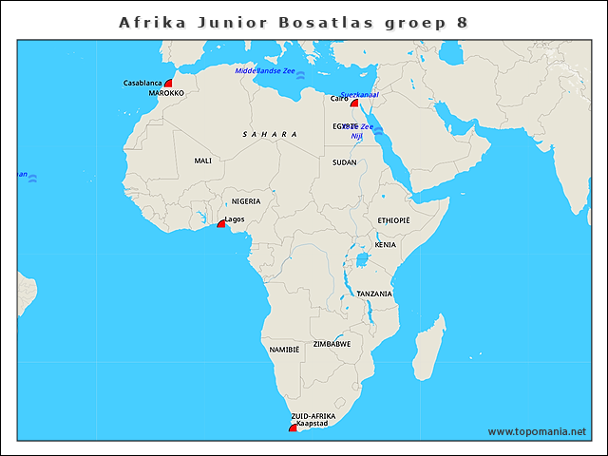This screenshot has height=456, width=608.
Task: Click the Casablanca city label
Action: pos(142,84)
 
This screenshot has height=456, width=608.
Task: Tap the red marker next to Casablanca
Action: pos(168,84)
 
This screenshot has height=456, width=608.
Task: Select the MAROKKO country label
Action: pos(166,94)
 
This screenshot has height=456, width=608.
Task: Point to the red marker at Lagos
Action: pos(221,223)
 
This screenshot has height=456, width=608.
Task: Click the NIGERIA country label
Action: pos(246,201)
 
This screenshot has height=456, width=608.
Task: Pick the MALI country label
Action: pos(202,161)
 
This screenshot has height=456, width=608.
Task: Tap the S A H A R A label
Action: pos(270,135)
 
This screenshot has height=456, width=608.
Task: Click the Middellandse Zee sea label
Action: pos(265,70)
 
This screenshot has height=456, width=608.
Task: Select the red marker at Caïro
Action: pos(353,103)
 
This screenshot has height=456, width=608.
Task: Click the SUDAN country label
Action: pos(345,162)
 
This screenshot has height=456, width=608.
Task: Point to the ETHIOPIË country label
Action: pos(393,220)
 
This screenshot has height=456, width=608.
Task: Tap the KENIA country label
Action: pos(385,245)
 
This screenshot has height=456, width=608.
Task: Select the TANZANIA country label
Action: pos(374,294)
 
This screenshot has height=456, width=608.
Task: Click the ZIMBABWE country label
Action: pos(332,344)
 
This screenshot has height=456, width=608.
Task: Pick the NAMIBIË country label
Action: pos(284,351)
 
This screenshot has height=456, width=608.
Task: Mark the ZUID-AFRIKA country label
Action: pos(313,416)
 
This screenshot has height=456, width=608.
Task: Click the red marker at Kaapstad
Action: pos(294,428)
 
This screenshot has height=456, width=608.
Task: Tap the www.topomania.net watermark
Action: pos(537,431)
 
